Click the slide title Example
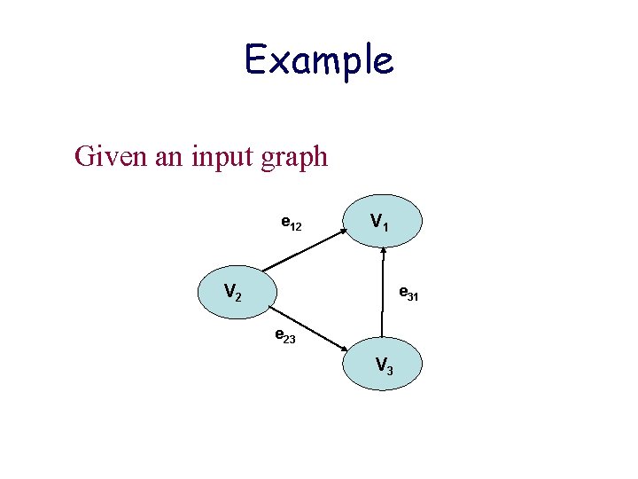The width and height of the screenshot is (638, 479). pos(318,61)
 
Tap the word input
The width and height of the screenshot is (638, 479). pos(205,159)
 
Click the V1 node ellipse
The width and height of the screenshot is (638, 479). pos(384,221)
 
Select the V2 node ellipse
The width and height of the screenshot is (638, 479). pos(237,292)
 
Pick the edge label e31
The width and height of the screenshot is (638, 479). pos(408,292)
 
